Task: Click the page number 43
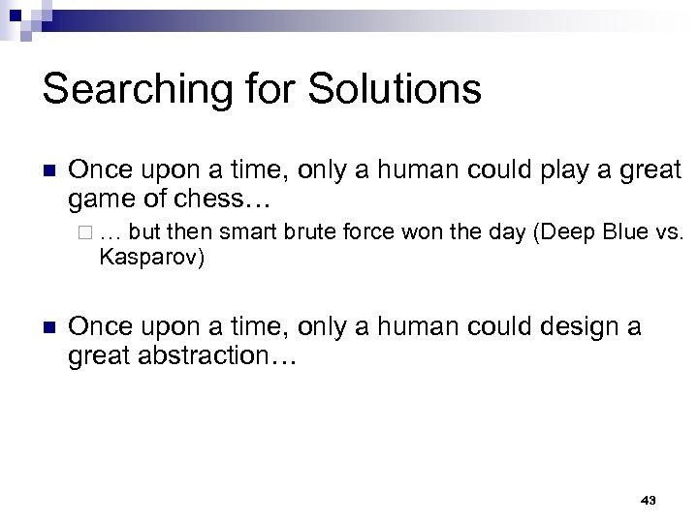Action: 649,500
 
